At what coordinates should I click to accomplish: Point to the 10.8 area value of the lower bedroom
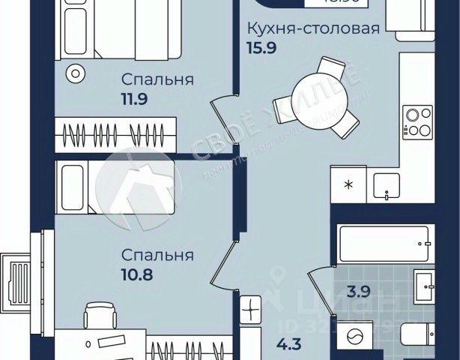pyautogui.click(x=136, y=275)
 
